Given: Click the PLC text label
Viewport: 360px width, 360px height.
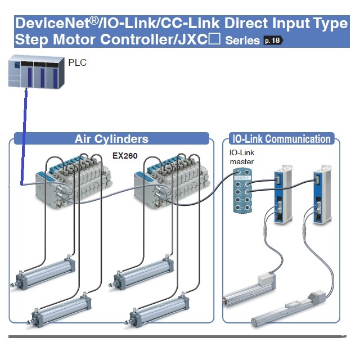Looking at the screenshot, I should tap(78, 62).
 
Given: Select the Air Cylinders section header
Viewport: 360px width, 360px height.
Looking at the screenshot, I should tap(111, 139).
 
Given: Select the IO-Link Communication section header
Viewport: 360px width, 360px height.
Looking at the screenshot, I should tap(282, 139).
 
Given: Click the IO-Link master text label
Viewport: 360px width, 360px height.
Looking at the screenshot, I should tap(241, 157).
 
